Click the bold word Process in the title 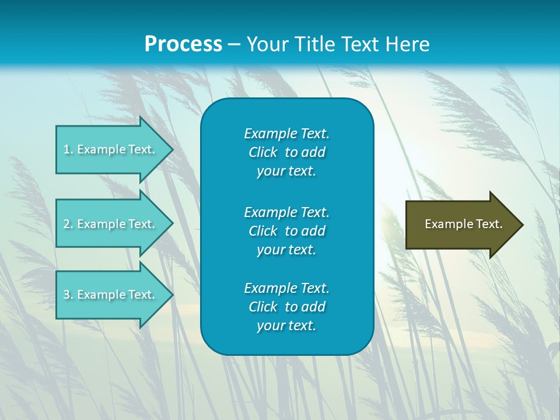183,44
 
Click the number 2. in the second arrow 68,224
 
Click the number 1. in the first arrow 68,149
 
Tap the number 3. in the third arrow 68,295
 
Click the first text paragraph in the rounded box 286,152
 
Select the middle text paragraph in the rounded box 286,231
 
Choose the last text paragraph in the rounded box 286,307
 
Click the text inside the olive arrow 463,224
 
